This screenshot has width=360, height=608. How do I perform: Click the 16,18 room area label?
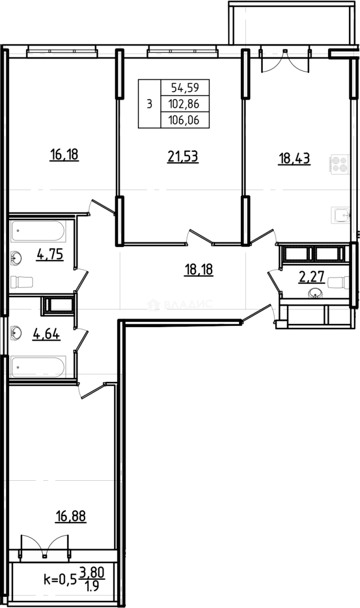pos(64,155)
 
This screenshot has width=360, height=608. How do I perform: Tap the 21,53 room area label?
pos(183,157)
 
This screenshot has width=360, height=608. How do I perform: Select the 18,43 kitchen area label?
pos(294,159)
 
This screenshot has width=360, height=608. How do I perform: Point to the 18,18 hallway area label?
pos(199,269)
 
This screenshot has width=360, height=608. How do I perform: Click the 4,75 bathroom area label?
pos(50,255)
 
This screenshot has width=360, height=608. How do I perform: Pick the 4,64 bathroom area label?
pos(47,333)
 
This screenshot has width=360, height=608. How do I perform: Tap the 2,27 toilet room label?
pos(311,278)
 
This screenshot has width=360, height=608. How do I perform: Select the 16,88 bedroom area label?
pos(71,516)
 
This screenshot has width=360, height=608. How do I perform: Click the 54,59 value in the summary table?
pos(185,88)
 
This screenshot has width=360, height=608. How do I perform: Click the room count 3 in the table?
pos(150,104)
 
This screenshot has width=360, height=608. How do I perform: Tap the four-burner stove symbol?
pos(340,164)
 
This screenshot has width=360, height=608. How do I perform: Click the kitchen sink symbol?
pos(340,215)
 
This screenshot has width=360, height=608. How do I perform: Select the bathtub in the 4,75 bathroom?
pos(38,231)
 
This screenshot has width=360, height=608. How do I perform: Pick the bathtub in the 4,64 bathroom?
pos(38,367)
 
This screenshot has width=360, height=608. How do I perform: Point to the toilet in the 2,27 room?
pos(338,282)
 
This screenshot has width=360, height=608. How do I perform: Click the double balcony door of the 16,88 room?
pos(45,546)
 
